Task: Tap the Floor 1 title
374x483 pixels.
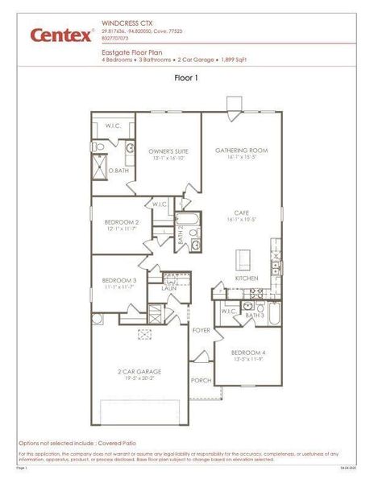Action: (186, 78)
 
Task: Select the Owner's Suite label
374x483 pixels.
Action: (168, 151)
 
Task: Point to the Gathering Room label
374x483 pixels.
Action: (241, 151)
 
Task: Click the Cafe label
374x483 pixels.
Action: (241, 213)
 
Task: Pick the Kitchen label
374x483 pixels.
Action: (247, 278)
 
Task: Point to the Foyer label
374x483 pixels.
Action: (201, 331)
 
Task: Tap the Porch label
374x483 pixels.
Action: (201, 380)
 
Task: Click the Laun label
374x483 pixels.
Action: (168, 287)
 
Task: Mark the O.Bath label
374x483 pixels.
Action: (118, 170)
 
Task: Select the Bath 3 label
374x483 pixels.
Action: (255, 316)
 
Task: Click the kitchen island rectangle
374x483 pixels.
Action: (241, 259)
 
